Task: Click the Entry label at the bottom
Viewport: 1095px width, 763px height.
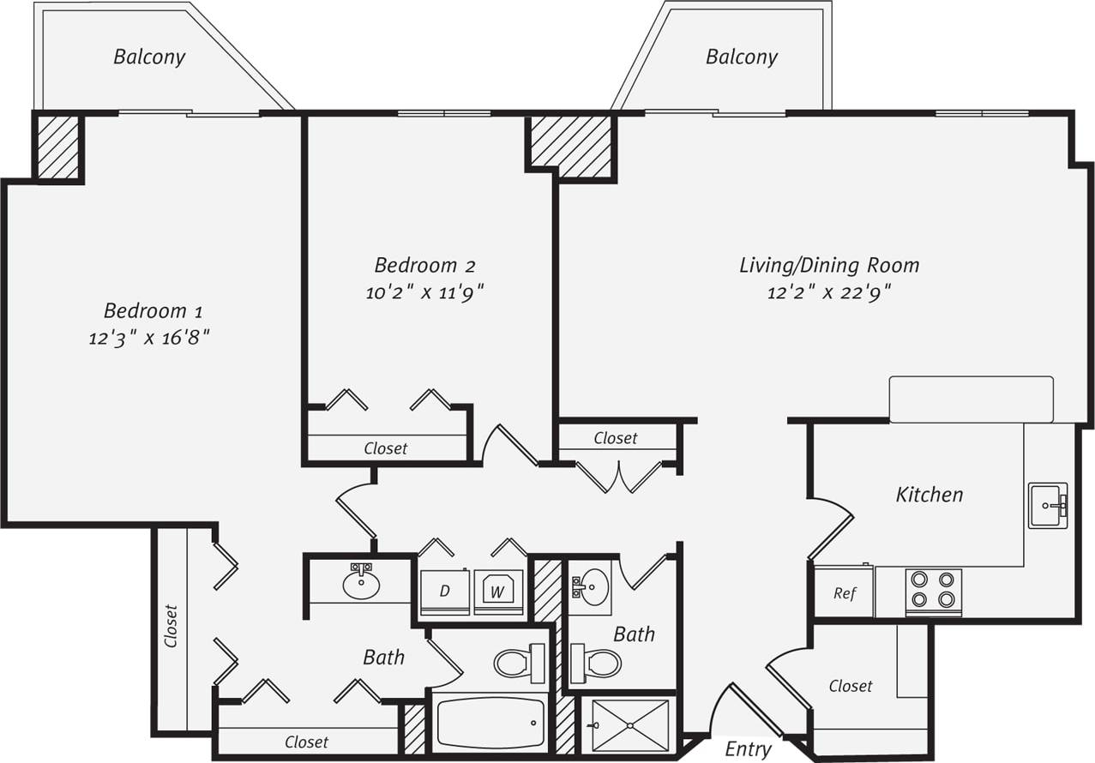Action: [x=748, y=749]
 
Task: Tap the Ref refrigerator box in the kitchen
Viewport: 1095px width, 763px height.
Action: [x=845, y=593]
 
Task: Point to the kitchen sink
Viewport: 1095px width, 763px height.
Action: [x=1047, y=505]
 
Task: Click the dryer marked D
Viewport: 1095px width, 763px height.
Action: [x=444, y=591]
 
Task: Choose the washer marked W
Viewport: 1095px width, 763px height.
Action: [x=498, y=591]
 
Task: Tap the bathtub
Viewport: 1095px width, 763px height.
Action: [x=490, y=722]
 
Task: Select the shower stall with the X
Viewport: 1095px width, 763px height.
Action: [x=629, y=725]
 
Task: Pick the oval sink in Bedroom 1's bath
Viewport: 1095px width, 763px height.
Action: [x=361, y=584]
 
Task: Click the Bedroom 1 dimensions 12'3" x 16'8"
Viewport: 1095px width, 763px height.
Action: [x=150, y=338]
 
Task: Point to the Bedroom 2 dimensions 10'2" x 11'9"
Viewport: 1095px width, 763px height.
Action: [x=424, y=292]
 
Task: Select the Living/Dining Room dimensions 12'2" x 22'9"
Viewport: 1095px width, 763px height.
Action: [x=829, y=292]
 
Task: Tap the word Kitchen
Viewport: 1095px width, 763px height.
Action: [x=929, y=495]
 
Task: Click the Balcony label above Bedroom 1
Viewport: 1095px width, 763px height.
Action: [x=149, y=57]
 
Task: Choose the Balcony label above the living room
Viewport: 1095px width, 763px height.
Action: [x=741, y=57]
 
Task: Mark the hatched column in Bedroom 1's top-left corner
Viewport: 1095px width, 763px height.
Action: [x=58, y=147]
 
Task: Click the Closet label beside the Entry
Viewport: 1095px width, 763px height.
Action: [x=851, y=686]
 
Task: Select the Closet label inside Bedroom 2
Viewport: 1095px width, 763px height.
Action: [x=386, y=448]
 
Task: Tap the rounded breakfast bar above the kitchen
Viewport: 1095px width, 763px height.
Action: [x=971, y=399]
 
